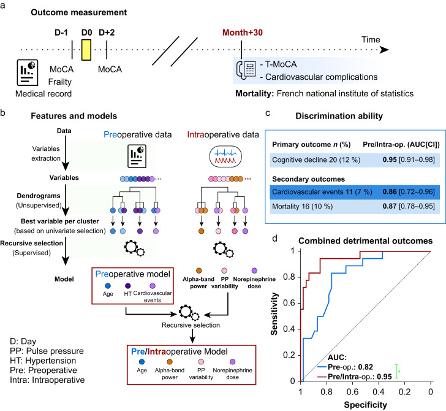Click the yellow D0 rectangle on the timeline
coord(86,50)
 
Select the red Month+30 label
coord(243,33)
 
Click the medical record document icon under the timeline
coord(28,72)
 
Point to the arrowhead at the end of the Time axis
coord(384,50)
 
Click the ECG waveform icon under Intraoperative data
coord(225,156)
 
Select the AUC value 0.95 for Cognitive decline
coord(390,159)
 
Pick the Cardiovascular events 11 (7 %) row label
coord(322,191)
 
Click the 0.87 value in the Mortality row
coord(390,206)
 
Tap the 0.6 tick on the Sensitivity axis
coord(289,303)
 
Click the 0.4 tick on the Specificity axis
coord(379,392)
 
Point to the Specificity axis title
coord(366,405)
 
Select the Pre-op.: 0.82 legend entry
coord(350,367)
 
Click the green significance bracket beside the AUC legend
coord(396,371)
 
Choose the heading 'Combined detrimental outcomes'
coord(366,241)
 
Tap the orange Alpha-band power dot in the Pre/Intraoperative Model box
coord(170,362)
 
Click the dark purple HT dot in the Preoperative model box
coord(127,286)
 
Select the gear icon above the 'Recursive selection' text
coord(189,312)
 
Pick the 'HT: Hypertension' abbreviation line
coord(43,361)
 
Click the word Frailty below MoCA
coord(60,82)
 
